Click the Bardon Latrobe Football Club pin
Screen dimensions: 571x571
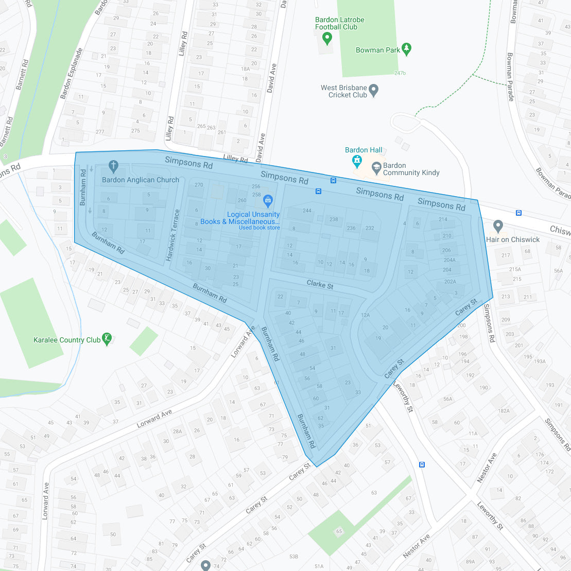pyautogui.click(x=326, y=38)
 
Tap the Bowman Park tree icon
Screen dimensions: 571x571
pyautogui.click(x=407, y=49)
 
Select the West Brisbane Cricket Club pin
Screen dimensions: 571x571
pyautogui.click(x=374, y=91)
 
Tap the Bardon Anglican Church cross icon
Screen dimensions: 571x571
pyautogui.click(x=114, y=166)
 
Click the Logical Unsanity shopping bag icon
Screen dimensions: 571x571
pyautogui.click(x=267, y=200)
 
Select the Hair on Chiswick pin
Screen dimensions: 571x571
pyautogui.click(x=498, y=226)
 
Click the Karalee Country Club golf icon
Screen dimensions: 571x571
pyautogui.click(x=107, y=339)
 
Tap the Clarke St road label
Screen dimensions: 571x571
pyautogui.click(x=320, y=284)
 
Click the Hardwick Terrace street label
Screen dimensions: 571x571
pyautogui.click(x=172, y=235)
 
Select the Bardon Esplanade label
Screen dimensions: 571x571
pyautogui.click(x=72, y=74)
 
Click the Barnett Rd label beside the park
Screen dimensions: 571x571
pyautogui.click(x=22, y=75)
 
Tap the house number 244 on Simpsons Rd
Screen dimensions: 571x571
pyautogui.click(x=307, y=211)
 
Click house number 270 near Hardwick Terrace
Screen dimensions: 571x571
pyautogui.click(x=199, y=185)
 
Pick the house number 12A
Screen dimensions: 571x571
pyautogui.click(x=365, y=315)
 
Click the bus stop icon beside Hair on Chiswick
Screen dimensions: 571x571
pyautogui.click(x=518, y=213)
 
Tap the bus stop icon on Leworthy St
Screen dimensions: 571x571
pyautogui.click(x=422, y=464)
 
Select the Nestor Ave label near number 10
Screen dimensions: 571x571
pyautogui.click(x=487, y=468)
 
